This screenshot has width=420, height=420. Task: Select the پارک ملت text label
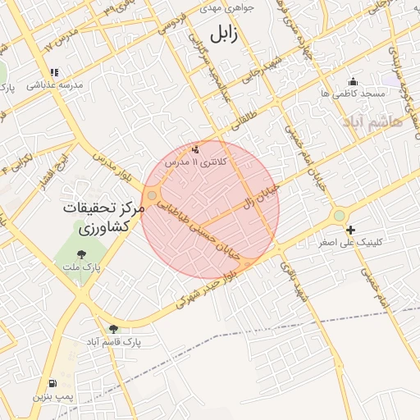(x=83, y=267)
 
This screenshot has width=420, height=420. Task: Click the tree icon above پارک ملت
(x=84, y=253)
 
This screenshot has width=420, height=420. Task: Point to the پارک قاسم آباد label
(x=115, y=340)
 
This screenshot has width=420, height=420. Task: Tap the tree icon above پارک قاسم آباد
(x=113, y=328)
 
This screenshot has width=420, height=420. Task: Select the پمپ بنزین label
(x=53, y=397)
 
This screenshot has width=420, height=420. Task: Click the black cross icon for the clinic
(x=351, y=230)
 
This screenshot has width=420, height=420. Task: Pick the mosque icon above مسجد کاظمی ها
(x=353, y=80)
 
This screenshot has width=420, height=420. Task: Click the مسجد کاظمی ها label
(x=353, y=94)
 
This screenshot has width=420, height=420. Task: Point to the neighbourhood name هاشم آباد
(x=374, y=121)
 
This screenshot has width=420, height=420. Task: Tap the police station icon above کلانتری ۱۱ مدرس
(x=195, y=150)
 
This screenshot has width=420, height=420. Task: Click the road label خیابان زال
(x=262, y=195)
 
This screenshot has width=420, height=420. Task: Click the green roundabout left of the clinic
(x=339, y=216)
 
